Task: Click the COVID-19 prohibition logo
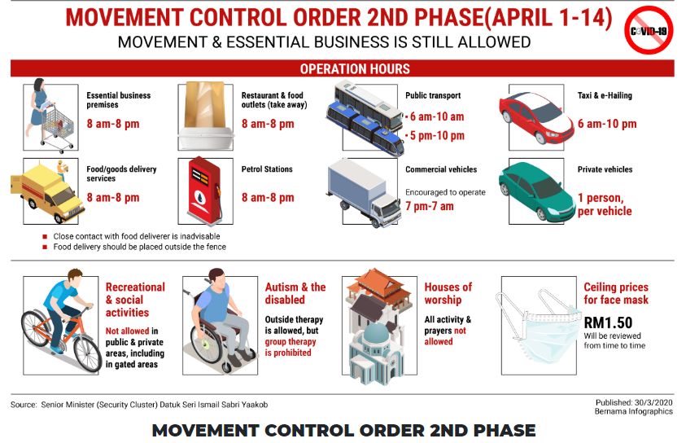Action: click(x=649, y=30)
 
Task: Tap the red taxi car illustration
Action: click(x=536, y=117)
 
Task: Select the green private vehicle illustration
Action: click(x=536, y=191)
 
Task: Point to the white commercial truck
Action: click(x=364, y=193)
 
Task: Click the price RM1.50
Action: click(x=608, y=323)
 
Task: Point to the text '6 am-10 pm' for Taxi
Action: click(x=607, y=124)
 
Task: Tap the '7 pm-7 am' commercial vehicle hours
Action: click(x=429, y=206)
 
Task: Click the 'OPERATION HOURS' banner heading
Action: click(x=355, y=68)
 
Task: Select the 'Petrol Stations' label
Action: click(x=267, y=169)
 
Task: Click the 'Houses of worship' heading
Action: click(x=448, y=293)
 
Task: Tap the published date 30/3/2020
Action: click(x=653, y=402)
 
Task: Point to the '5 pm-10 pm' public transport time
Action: click(x=437, y=136)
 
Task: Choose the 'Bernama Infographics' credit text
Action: click(x=633, y=411)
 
